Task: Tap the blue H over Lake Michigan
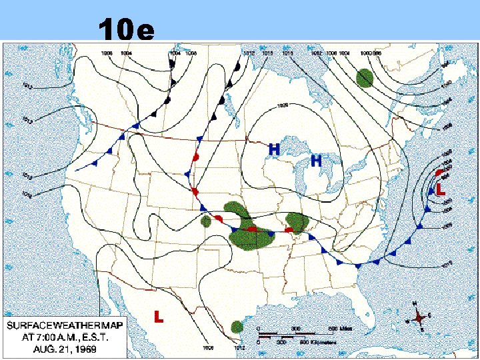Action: (317, 161)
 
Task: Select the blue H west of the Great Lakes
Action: (273, 150)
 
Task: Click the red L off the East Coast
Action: (441, 190)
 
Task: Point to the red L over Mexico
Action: (159, 316)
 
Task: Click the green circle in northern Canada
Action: (364, 78)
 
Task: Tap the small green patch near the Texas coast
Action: (237, 327)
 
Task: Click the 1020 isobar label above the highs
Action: (283, 105)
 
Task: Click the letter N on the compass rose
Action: (415, 304)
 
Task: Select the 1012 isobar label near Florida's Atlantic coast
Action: (447, 263)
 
